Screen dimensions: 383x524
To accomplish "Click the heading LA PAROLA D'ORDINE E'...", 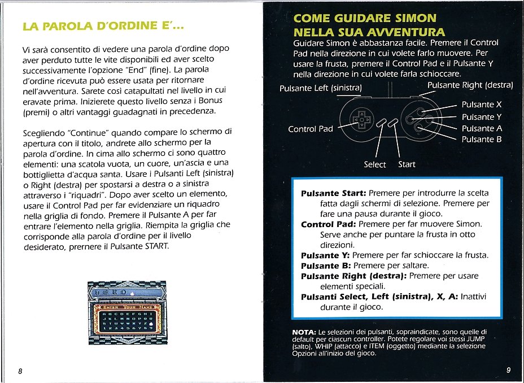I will (x=102, y=27).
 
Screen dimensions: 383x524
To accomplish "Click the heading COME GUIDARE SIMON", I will (x=364, y=19).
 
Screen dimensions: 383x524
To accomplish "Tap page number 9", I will (x=508, y=371).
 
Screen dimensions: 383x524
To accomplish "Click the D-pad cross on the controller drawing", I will (x=360, y=120).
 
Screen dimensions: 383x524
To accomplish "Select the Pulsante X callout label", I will (x=481, y=105).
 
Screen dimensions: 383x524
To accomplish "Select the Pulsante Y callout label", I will (x=481, y=117).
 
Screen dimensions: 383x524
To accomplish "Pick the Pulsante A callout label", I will (x=481, y=128).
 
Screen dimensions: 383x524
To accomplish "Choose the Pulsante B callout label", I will (x=481, y=140).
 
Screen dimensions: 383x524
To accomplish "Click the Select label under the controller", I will (x=375, y=164).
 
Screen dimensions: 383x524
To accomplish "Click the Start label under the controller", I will (x=407, y=164).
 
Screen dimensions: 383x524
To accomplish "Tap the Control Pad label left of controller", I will (x=311, y=129).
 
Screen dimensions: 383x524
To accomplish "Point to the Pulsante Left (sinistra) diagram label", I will (x=320, y=88).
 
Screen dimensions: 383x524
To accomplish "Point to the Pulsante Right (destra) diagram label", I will (x=470, y=85).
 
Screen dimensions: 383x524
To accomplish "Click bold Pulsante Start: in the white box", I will (x=334, y=193).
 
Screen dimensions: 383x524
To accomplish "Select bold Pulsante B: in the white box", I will (x=325, y=266).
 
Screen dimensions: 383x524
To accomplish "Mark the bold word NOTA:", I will (x=304, y=331).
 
